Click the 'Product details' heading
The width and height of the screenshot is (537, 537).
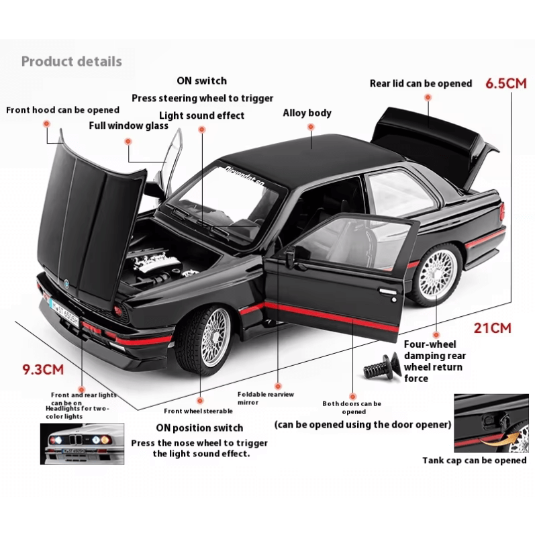click(71, 62)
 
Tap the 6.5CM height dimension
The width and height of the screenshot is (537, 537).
click(506, 83)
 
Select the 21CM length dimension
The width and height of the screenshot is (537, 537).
click(493, 328)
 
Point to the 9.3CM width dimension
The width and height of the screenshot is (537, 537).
click(43, 369)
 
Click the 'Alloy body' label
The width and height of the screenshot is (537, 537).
click(307, 113)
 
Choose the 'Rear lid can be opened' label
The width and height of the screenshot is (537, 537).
click(421, 84)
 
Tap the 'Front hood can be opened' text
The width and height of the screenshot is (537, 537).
click(62, 110)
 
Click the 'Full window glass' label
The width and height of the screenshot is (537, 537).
click(128, 126)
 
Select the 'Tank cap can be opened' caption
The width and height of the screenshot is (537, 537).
click(474, 460)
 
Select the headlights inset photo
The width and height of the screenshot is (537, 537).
click(83, 443)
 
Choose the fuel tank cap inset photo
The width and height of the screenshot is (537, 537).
click(491, 423)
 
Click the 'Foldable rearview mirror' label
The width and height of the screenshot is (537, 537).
click(266, 399)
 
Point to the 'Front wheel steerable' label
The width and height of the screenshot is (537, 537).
click(199, 411)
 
